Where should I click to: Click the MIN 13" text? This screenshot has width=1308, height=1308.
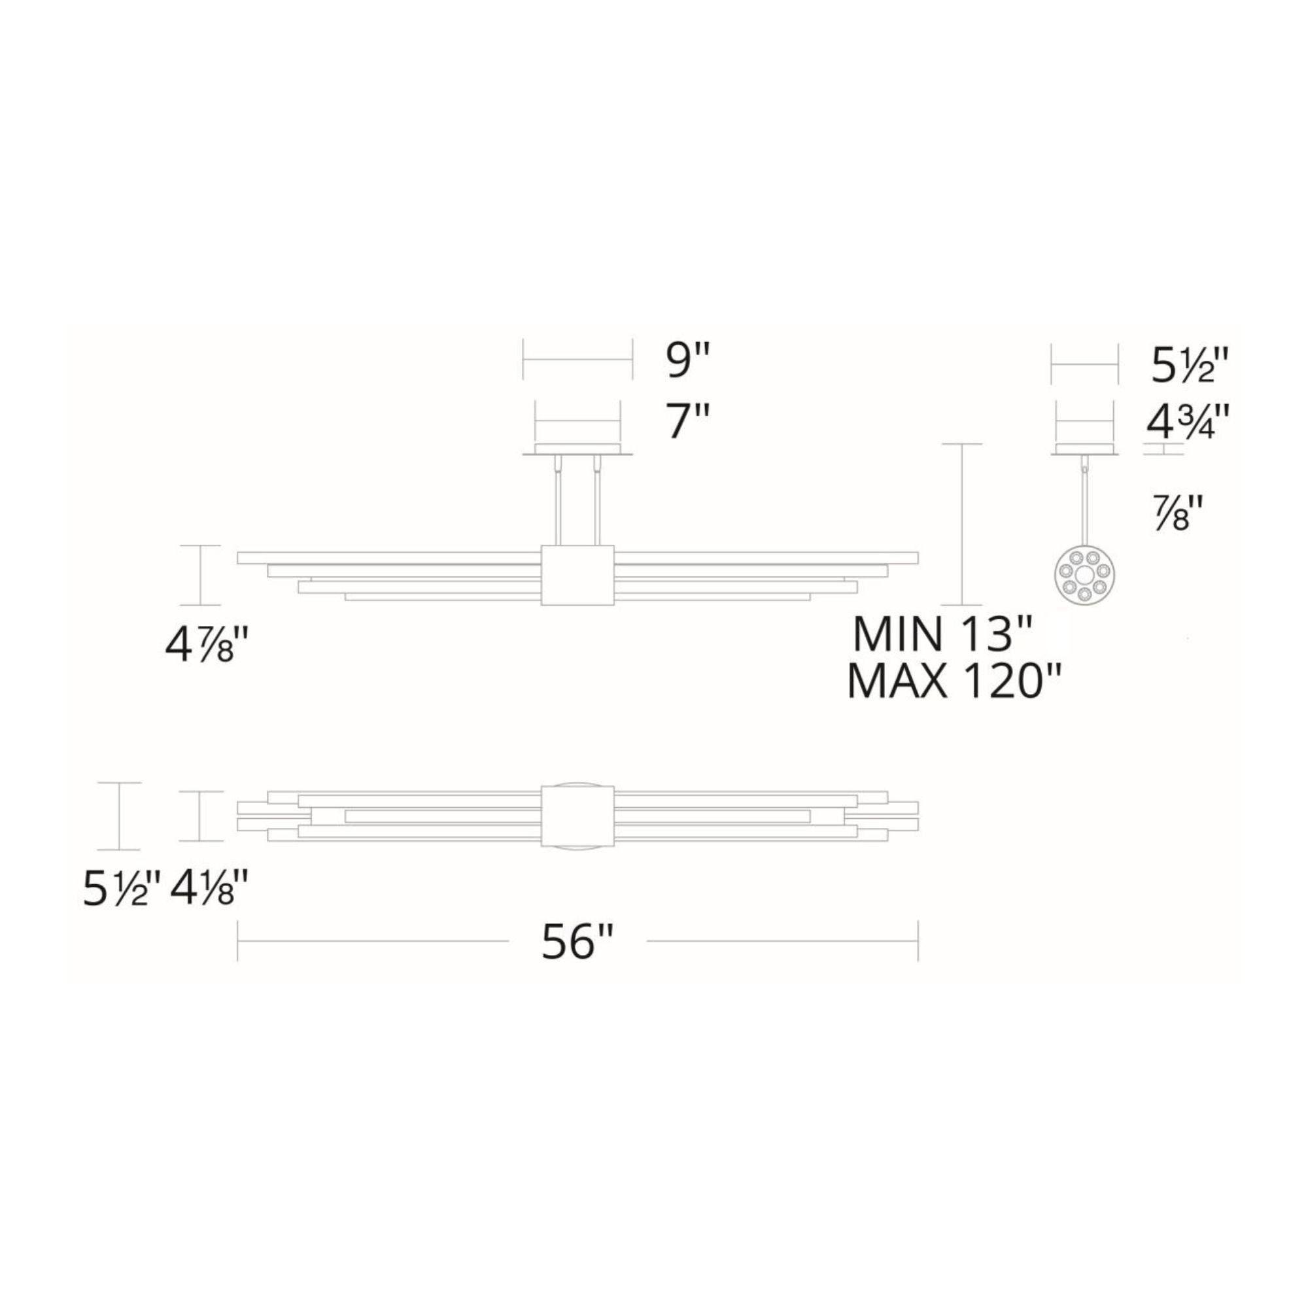point(942,634)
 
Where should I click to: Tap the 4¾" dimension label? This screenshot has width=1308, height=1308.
point(1187,423)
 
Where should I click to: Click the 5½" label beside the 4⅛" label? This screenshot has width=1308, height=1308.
point(122,887)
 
